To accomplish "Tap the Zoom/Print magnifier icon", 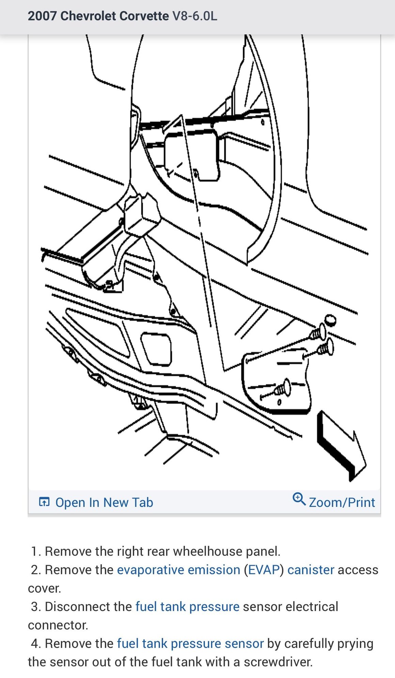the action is click(x=299, y=499).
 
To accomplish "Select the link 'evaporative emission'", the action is click(x=179, y=570).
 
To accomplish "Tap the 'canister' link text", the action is click(x=311, y=570).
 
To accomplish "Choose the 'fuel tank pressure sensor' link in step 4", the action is click(x=190, y=643).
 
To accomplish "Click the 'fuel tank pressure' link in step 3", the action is click(x=188, y=607).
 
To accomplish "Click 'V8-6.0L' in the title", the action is click(x=195, y=16).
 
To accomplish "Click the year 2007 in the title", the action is click(x=42, y=16).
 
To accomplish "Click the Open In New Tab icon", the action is click(x=44, y=502).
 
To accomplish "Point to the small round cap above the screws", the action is click(x=330, y=320).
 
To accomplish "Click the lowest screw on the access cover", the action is click(x=283, y=388).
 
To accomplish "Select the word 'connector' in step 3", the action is click(x=58, y=625).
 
